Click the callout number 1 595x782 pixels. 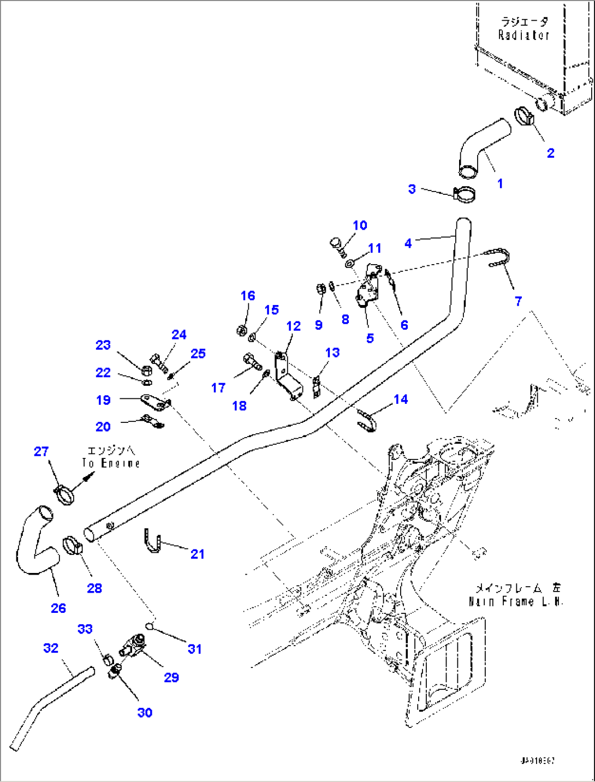(x=499, y=184)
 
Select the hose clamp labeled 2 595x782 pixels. (x=525, y=117)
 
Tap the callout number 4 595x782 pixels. (x=408, y=243)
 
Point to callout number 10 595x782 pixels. (x=360, y=225)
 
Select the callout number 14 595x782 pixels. (x=401, y=399)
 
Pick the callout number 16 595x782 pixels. (x=248, y=296)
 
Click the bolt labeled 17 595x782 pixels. (x=251, y=361)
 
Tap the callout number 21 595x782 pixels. (x=197, y=554)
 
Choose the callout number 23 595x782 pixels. (x=103, y=345)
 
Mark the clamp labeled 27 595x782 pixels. (x=64, y=493)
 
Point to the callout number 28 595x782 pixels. (x=94, y=588)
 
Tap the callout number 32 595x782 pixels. (x=51, y=648)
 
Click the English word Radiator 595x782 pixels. (x=523, y=35)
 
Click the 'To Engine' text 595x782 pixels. (x=111, y=463)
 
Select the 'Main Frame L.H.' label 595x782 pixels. (x=516, y=601)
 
